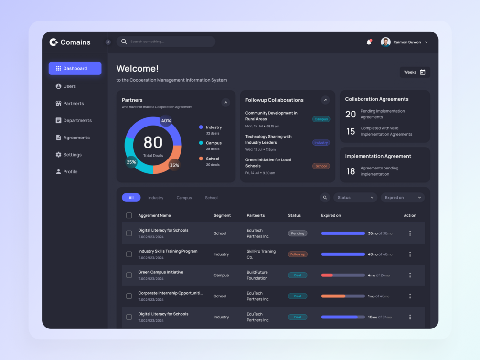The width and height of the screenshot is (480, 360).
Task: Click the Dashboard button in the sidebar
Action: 75,68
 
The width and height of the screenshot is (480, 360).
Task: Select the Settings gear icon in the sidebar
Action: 58,155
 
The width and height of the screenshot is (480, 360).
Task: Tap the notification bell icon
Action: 369,42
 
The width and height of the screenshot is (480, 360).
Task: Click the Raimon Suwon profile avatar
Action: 385,42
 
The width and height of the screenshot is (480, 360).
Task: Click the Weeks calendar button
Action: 415,72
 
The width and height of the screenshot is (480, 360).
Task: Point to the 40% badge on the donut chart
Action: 166,121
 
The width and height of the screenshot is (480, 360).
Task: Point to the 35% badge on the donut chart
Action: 174,165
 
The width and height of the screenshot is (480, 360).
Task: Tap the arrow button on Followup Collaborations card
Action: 325,100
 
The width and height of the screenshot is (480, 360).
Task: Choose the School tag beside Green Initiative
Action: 321,166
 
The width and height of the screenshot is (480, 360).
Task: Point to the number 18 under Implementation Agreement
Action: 351,171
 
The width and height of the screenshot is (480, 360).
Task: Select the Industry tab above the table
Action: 156,198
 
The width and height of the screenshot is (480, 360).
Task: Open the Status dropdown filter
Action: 355,198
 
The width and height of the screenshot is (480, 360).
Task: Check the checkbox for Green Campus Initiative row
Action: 129,275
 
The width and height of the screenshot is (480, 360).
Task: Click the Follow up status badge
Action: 298,254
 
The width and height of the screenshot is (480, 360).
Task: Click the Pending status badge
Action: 298,233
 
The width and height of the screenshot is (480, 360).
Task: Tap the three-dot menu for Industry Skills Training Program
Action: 410,254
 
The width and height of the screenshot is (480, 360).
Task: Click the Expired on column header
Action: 331,215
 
